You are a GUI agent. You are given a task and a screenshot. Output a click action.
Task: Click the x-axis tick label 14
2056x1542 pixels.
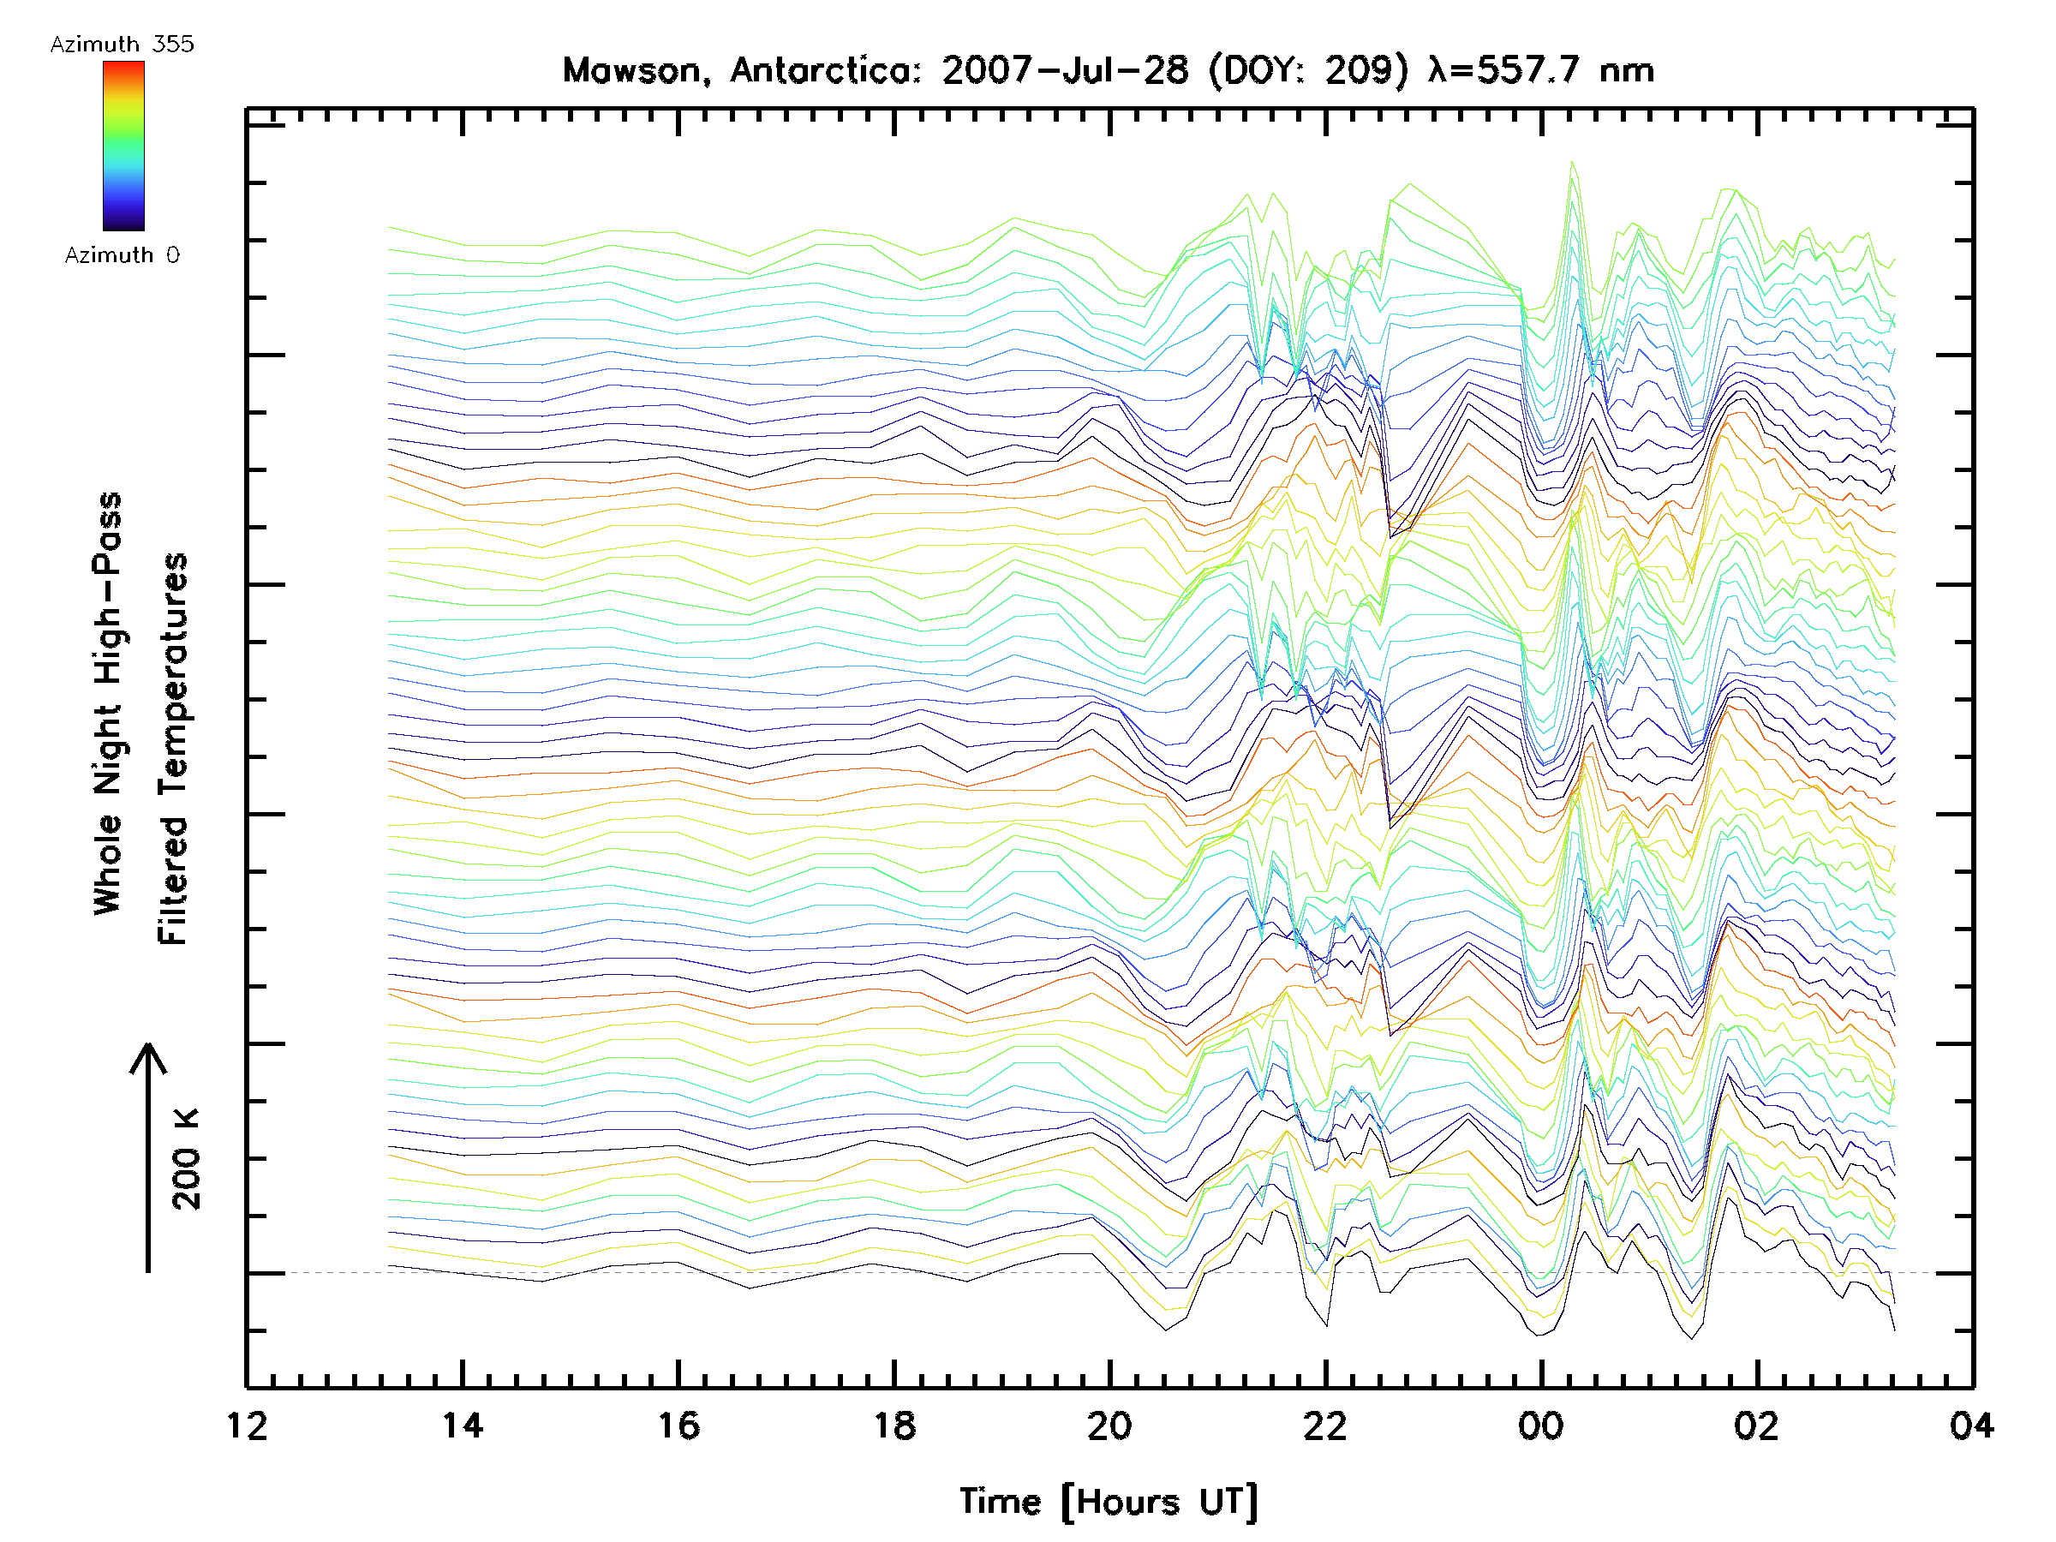(x=462, y=1425)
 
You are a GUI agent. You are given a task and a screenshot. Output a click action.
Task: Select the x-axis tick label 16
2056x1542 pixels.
(x=678, y=1425)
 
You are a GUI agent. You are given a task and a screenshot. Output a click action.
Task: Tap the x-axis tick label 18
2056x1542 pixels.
(x=894, y=1425)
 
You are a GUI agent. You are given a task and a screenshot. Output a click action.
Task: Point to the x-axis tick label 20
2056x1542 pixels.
(x=1109, y=1425)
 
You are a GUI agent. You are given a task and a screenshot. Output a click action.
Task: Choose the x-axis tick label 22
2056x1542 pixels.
(x=1325, y=1425)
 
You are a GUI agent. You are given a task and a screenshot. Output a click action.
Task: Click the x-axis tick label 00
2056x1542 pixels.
(x=1541, y=1425)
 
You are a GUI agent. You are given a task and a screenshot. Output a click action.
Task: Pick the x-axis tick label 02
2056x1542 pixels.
(x=1757, y=1425)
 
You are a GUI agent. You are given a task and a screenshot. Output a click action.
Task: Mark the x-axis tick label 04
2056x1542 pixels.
(x=1971, y=1425)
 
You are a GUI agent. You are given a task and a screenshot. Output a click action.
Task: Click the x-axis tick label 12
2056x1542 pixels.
(x=248, y=1425)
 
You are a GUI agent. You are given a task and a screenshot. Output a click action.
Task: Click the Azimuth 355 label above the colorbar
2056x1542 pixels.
(x=122, y=45)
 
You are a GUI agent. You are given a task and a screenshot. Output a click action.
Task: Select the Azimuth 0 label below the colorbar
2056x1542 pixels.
(x=122, y=255)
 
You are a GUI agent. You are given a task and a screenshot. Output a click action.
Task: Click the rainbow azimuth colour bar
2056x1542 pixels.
(x=123, y=146)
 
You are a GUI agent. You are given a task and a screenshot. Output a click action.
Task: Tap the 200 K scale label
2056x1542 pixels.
(x=187, y=1159)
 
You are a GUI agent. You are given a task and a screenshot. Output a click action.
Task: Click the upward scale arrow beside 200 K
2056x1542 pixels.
(x=148, y=1157)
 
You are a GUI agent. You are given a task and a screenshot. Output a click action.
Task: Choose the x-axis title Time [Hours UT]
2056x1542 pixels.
(x=1109, y=1502)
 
